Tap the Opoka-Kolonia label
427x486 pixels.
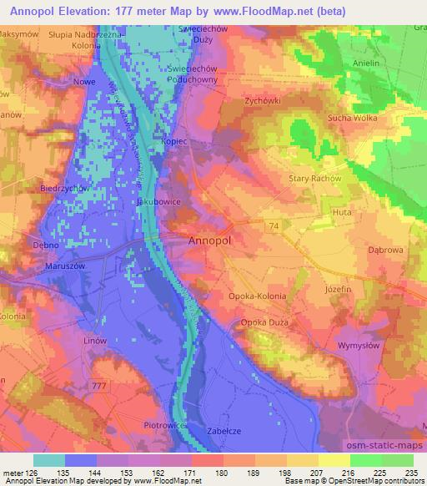click(257, 296)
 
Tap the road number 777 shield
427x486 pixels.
click(101, 385)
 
